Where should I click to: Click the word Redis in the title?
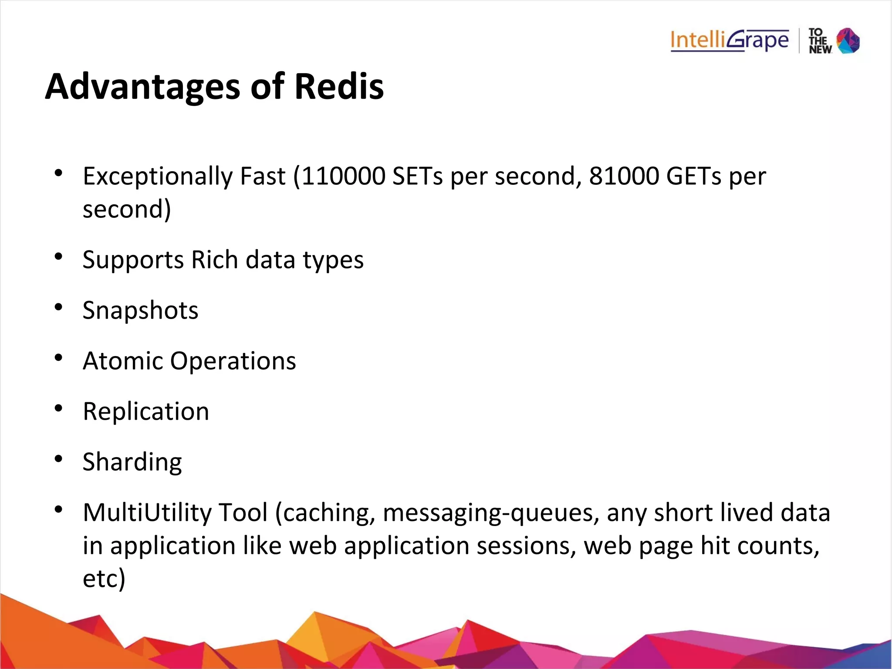(x=339, y=86)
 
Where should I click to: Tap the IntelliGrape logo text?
(x=729, y=41)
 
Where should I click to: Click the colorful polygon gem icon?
(x=848, y=41)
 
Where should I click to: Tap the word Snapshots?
(x=140, y=310)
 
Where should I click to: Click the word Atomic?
(x=123, y=361)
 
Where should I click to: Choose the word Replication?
(x=146, y=411)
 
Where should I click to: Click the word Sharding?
(x=132, y=462)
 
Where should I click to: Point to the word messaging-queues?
(x=488, y=513)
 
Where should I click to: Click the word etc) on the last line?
(x=104, y=579)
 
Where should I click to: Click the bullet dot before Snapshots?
(x=58, y=307)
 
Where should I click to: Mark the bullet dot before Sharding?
(x=58, y=459)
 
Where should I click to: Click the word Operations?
(x=233, y=361)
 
